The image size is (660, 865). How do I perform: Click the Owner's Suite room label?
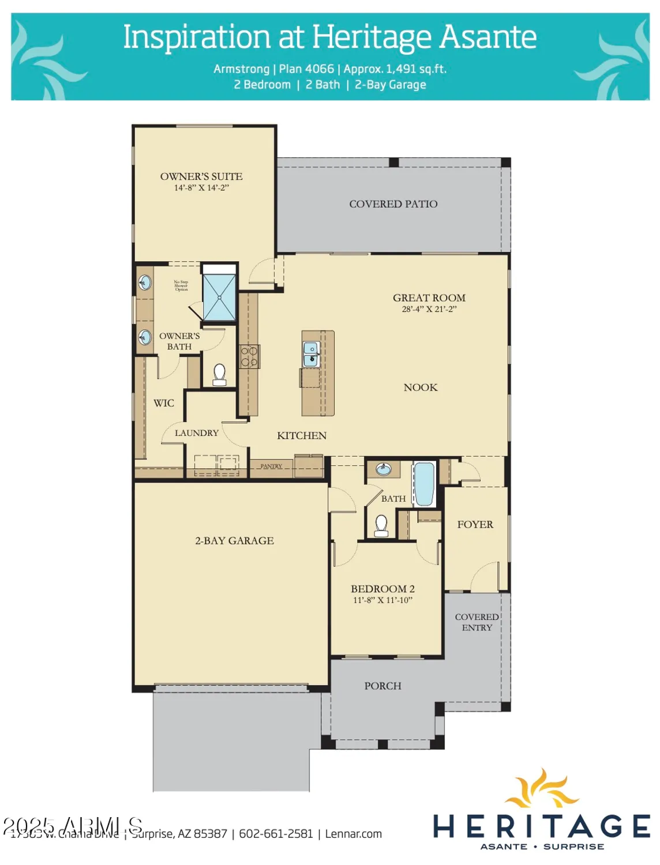point(201,176)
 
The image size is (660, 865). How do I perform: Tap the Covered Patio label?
point(393,204)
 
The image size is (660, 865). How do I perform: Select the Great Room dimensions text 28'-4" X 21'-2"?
point(429,309)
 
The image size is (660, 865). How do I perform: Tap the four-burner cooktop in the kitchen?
point(249,356)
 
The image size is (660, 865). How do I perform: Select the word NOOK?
point(420,388)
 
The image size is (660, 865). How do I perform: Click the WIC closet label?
point(163,403)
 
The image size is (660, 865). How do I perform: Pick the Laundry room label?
point(196,433)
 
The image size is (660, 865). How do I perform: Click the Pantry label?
point(271,466)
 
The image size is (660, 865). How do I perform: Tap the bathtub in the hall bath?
point(424,484)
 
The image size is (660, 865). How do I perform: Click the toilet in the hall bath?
point(381,525)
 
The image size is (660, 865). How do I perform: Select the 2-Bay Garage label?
point(234,541)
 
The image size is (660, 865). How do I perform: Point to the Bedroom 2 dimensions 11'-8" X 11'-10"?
point(382,600)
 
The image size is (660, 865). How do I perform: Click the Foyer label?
point(475,525)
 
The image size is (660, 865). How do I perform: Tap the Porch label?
point(382,686)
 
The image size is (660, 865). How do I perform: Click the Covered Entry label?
point(477,622)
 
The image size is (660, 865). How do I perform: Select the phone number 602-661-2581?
point(276,834)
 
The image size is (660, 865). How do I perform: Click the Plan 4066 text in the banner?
point(306,69)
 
